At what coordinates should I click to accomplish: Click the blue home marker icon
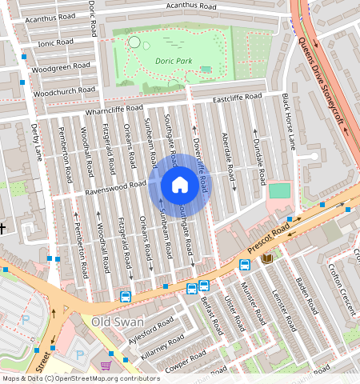180,185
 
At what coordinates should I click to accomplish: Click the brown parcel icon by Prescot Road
266,258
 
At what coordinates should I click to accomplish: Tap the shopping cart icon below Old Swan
106,366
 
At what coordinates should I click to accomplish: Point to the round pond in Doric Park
134,42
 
